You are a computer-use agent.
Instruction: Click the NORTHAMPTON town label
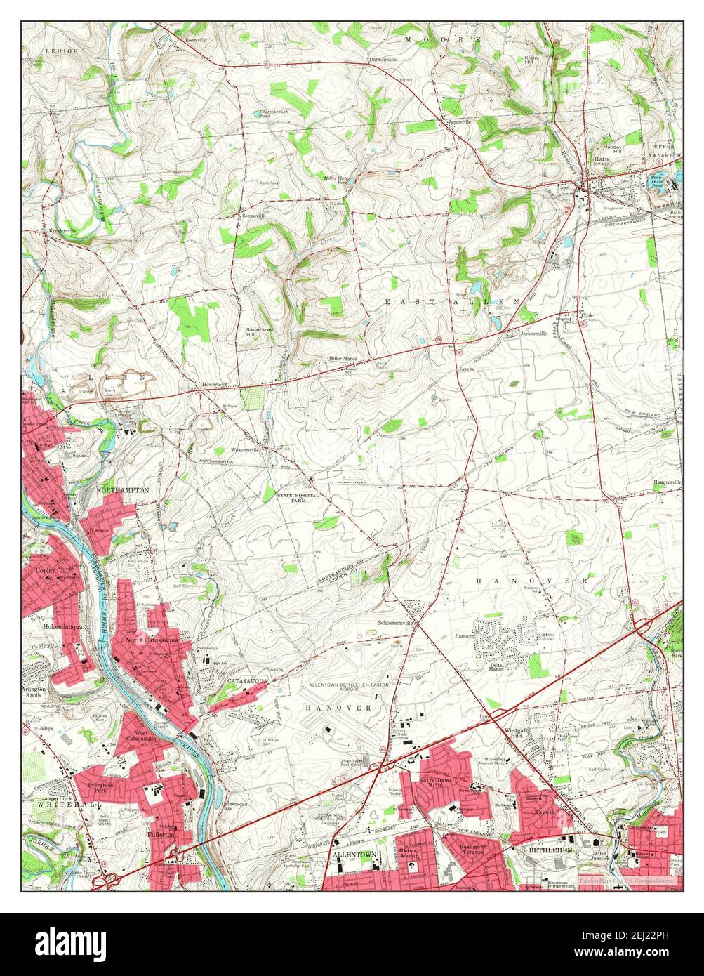point(123,489)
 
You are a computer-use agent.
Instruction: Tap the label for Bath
point(602,159)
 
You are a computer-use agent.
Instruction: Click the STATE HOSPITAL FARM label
point(298,499)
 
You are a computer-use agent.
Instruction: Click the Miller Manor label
point(343,359)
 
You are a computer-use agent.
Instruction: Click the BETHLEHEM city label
point(550,850)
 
